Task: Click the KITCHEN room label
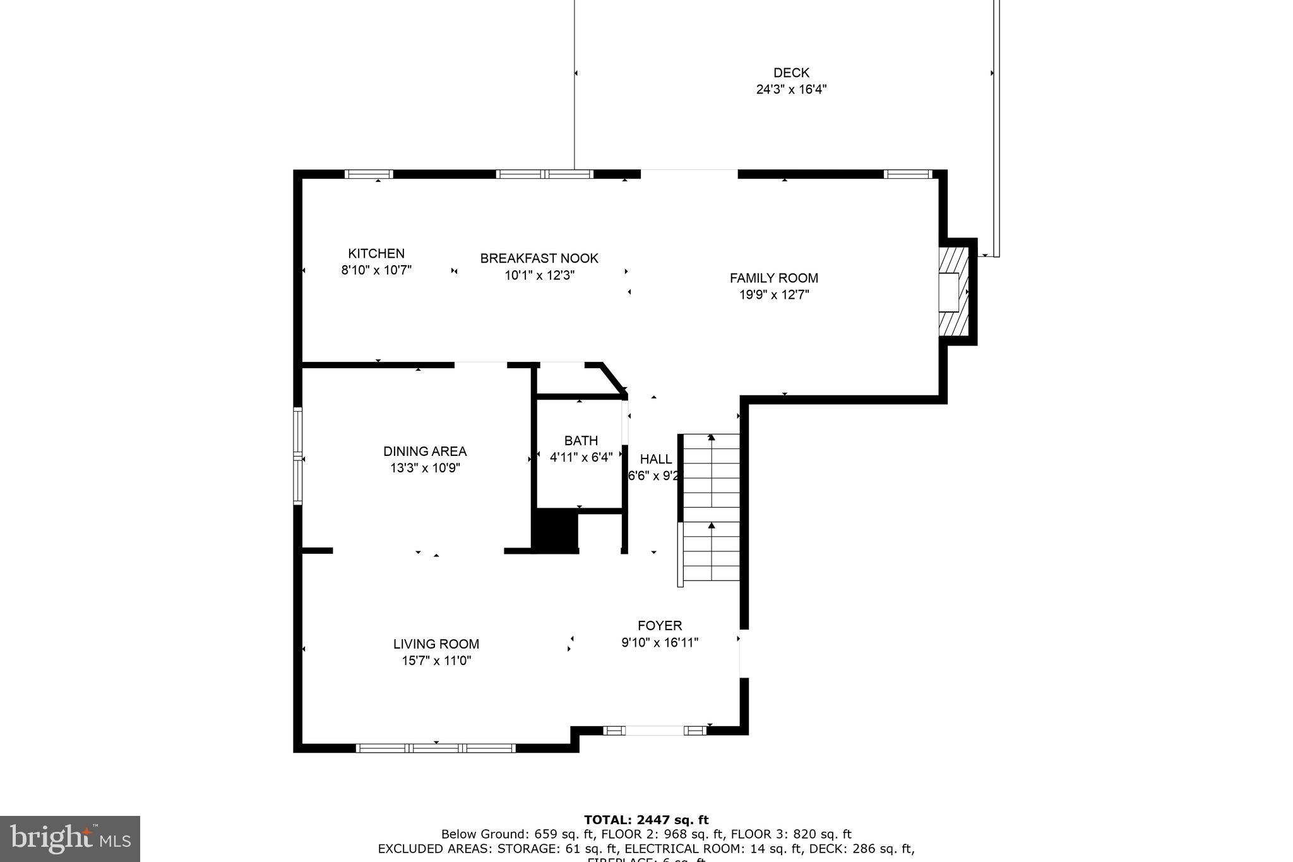[x=376, y=253]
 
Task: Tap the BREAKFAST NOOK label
[x=539, y=258]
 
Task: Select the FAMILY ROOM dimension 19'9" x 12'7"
[x=774, y=294]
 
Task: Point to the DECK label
[x=791, y=73]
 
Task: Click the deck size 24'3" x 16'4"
[x=791, y=89]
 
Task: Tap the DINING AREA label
[x=425, y=452]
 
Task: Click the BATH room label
[x=581, y=441]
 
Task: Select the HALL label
[x=656, y=459]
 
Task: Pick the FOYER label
[x=660, y=626]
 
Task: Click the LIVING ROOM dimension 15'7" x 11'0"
[x=436, y=661]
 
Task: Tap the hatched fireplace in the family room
[x=953, y=292]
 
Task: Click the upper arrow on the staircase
[x=712, y=437]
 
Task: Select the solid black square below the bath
[x=555, y=532]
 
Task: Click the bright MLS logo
[x=70, y=839]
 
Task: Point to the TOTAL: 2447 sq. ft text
[x=646, y=820]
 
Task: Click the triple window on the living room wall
[x=436, y=748]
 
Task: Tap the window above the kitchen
[x=369, y=174]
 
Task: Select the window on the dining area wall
[x=297, y=456]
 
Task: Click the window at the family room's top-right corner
[x=908, y=174]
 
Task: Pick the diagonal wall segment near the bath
[x=614, y=378]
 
